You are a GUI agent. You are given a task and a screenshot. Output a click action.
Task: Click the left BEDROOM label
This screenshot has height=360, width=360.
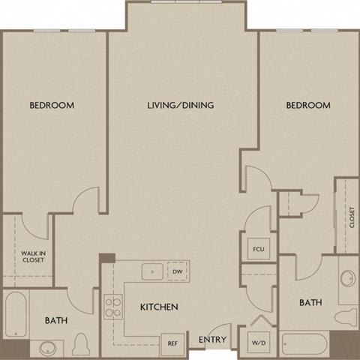[x=52, y=106]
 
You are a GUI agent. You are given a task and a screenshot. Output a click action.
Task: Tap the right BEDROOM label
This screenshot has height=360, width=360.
[x=308, y=106]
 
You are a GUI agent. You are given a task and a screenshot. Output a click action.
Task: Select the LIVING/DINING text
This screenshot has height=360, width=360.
[x=180, y=106]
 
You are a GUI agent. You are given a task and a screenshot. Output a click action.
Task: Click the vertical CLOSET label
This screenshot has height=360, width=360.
[x=351, y=217]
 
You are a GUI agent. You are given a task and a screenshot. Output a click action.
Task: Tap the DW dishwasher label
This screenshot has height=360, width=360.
[x=177, y=271]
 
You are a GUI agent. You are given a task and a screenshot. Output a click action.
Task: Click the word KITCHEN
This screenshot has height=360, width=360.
[x=159, y=307]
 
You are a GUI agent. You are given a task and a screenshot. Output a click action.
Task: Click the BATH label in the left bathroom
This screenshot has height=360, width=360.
[x=55, y=321]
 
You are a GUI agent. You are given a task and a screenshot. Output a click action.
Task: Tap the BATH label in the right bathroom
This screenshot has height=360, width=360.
[x=310, y=303]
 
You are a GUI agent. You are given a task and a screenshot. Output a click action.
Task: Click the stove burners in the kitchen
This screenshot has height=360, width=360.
[x=112, y=306]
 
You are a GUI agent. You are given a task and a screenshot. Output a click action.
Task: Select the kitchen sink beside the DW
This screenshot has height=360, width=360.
[x=151, y=271]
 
